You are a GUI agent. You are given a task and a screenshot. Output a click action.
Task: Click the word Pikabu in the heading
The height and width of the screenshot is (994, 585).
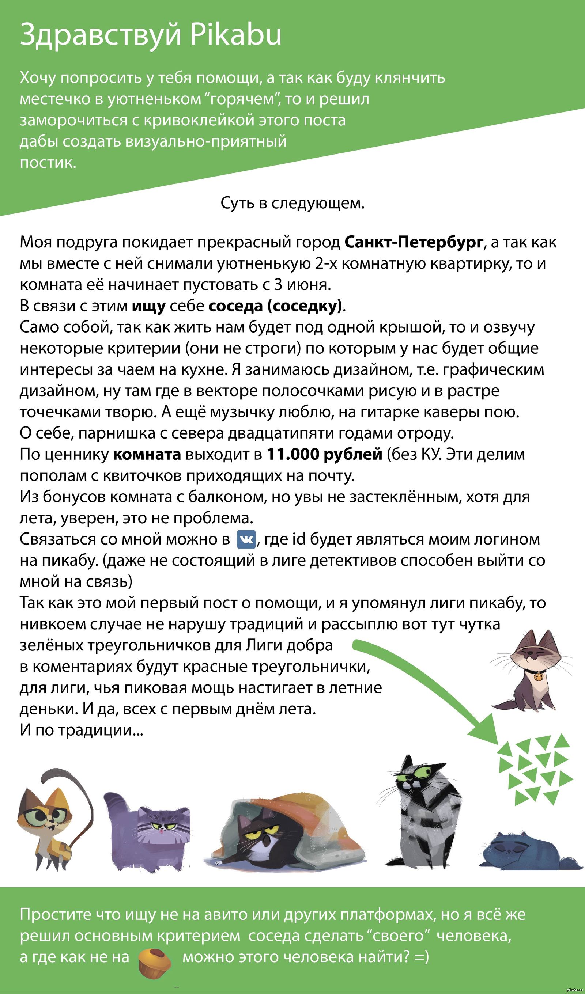(236, 35)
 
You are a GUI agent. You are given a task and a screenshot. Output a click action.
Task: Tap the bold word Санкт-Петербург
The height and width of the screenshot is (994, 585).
(414, 242)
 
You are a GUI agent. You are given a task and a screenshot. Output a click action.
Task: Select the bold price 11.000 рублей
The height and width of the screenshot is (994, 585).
(324, 454)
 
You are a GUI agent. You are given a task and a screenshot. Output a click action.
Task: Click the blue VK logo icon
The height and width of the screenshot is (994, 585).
(246, 539)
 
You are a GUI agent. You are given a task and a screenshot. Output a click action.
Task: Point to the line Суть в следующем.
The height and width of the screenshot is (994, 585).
(292, 204)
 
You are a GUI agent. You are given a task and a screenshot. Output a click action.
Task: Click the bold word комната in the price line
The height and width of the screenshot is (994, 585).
(147, 454)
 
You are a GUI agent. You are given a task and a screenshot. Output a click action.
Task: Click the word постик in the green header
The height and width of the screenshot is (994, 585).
(48, 163)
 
